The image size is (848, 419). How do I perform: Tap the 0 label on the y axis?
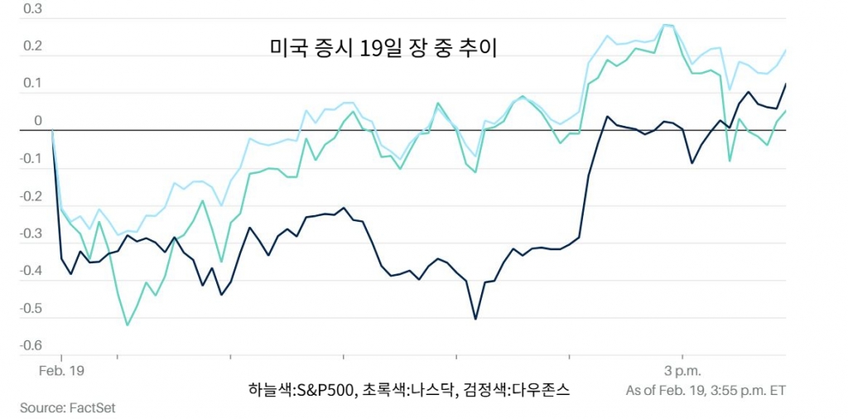coord(37,121)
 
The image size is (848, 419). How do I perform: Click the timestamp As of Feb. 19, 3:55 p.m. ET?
coord(705,390)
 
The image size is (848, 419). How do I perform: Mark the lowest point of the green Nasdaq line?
coord(127,325)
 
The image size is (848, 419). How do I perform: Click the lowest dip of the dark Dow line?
coord(475,319)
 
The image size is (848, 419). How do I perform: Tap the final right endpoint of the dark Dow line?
coord(785,84)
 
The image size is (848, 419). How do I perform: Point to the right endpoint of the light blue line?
coord(785,51)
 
